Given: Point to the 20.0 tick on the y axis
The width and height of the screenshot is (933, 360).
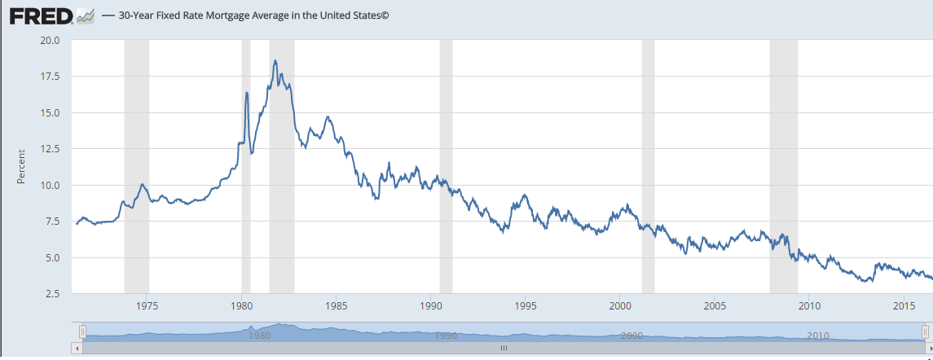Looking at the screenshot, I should point(50,40).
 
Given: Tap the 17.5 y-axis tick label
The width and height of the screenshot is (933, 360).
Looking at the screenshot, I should point(50,77).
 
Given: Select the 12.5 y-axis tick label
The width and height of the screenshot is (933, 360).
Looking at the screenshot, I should point(50,149).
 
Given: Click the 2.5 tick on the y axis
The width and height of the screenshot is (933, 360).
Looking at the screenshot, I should point(53,294).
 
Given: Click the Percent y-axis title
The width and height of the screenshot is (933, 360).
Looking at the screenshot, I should point(21,166).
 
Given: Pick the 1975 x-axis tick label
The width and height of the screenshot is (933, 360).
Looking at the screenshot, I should point(147,306).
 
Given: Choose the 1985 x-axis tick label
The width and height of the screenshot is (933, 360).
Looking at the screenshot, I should point(336,306).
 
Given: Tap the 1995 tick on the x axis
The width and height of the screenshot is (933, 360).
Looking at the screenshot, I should point(525,306).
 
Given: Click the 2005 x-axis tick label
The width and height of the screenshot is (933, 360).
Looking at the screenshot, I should point(714,306).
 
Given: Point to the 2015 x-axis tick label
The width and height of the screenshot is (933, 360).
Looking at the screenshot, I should point(903,306).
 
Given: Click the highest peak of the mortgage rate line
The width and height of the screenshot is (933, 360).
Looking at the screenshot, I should point(275,60).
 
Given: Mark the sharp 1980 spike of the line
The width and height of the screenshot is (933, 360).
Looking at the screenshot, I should point(246,93).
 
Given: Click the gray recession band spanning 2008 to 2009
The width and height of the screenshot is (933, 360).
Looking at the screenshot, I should point(783,163).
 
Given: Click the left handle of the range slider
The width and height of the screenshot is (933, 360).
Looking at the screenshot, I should point(82,331).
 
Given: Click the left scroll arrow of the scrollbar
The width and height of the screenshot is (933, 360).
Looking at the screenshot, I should point(77,348).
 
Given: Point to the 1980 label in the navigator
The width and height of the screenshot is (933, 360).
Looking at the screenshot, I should point(259,335).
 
